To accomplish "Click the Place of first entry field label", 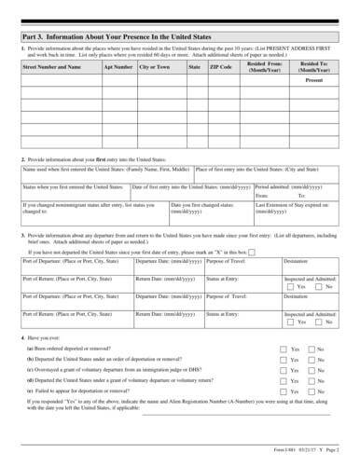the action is (246, 197).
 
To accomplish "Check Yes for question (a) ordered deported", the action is (284, 374).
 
